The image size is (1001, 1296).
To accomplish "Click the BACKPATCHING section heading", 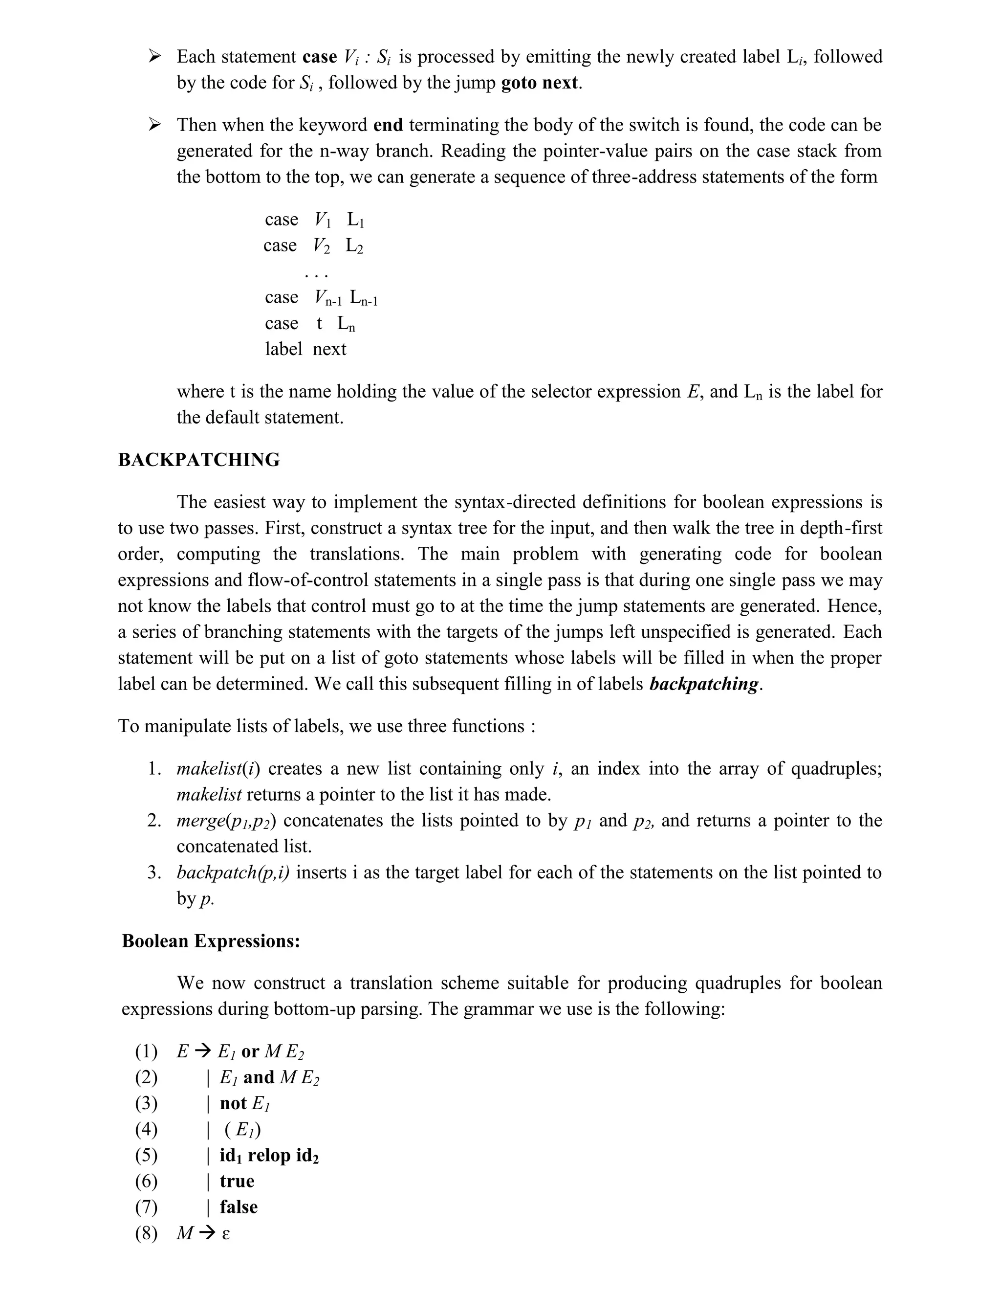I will point(198,460).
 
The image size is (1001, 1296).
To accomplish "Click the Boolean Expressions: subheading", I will point(211,941).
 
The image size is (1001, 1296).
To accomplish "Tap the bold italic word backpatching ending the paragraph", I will point(704,684).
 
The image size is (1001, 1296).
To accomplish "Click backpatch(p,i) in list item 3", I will point(233,873).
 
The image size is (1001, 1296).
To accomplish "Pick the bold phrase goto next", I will point(539,83).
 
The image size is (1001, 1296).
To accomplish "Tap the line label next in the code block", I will point(305,349).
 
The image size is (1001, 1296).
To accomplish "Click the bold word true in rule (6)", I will point(237,1182).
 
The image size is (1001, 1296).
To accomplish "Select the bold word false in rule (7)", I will point(239,1207).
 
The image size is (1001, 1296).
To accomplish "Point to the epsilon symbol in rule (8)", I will point(225,1234).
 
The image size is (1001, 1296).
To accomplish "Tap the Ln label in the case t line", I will point(347,324).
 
